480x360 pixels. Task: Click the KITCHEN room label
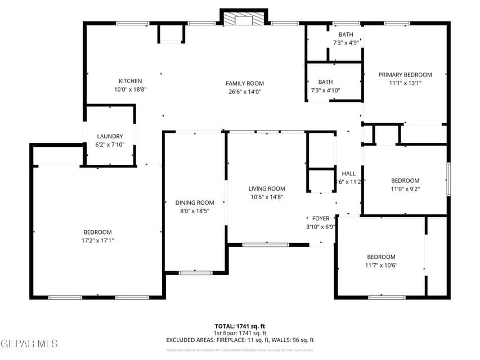130,81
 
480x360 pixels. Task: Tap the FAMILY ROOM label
245,83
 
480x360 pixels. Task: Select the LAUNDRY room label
110,137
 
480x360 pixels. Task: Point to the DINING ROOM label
195,202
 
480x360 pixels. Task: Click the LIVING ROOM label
267,189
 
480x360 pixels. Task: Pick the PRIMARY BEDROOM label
405,75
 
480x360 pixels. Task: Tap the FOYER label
321,218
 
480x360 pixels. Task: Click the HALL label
348,173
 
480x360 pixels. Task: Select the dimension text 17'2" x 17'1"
98,240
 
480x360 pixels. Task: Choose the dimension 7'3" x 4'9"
346,42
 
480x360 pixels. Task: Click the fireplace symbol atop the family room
244,19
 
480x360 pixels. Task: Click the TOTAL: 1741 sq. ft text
240,326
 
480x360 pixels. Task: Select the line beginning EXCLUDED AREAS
240,340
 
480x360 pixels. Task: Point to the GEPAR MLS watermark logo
29,343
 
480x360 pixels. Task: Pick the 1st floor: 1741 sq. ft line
240,333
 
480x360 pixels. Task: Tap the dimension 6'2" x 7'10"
110,145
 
